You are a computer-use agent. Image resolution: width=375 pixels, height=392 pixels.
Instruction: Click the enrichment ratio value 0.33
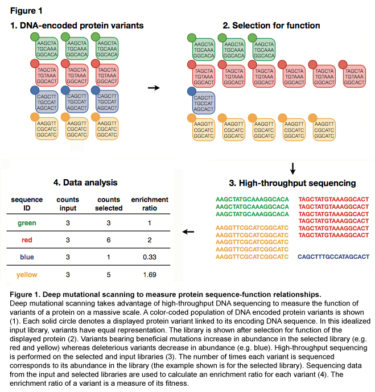click(150, 257)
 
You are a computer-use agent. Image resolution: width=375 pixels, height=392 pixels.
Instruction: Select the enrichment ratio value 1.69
click(150, 275)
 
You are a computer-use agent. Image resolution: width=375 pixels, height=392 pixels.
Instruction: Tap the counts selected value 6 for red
click(109, 240)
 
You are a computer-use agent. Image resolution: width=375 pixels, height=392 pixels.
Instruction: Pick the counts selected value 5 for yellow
click(109, 275)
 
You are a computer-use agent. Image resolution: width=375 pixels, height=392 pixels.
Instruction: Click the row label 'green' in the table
click(27, 223)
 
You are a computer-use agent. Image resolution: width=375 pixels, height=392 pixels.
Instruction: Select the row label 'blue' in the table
click(27, 257)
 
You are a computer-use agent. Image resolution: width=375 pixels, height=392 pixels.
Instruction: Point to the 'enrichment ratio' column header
click(150, 204)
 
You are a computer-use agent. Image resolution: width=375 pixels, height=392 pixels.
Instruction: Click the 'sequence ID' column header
click(27, 204)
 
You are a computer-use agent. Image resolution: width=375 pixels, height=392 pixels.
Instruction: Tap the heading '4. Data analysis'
click(85, 183)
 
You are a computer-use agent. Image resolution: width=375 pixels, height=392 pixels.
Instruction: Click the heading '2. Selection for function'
click(271, 26)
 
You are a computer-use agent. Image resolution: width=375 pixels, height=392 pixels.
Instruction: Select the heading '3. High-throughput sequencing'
click(292, 183)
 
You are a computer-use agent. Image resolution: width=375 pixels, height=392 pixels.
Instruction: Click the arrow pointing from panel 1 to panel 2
click(154, 88)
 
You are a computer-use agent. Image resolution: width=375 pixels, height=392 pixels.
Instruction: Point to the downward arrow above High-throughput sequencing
click(292, 169)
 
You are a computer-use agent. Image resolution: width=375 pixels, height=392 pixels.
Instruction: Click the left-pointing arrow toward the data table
click(188, 232)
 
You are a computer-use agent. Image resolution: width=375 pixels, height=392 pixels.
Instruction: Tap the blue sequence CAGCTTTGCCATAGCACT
click(333, 257)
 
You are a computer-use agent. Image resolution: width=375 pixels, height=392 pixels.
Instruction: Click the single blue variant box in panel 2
click(204, 103)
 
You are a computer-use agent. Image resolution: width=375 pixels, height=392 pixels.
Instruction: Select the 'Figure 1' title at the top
click(26, 11)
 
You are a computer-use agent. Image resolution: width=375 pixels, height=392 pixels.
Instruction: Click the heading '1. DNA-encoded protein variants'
click(77, 26)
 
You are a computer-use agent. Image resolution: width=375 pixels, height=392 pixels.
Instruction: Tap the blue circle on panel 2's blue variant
click(192, 91)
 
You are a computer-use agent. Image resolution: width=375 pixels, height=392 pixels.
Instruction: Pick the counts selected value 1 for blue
click(109, 257)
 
